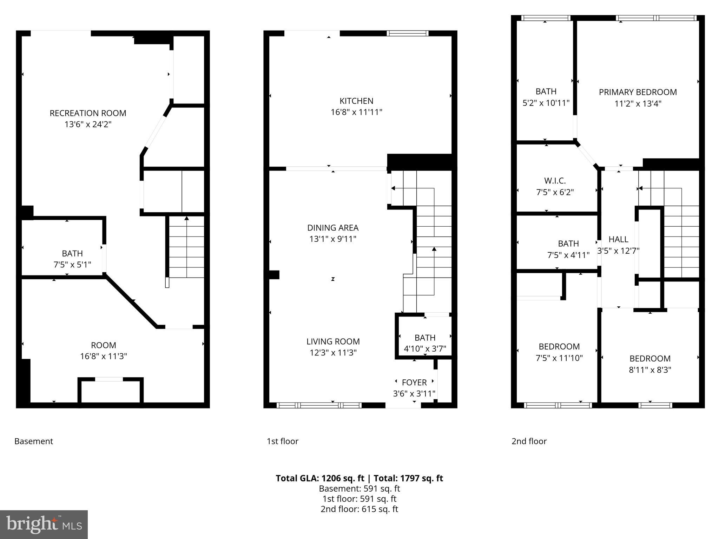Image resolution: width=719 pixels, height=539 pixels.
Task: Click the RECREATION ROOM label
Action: coord(88,113)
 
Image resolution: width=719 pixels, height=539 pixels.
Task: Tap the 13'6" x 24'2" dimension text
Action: coord(88,125)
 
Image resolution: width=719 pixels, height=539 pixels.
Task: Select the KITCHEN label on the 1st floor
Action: coord(356,101)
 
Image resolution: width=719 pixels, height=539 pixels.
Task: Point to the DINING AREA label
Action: coord(332,228)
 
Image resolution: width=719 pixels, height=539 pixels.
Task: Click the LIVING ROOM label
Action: coord(333,341)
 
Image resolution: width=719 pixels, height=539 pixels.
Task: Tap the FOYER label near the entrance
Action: coord(414,382)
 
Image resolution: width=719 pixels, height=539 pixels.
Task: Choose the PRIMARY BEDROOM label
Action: coord(638,92)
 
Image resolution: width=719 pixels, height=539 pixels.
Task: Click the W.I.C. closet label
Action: coord(555,181)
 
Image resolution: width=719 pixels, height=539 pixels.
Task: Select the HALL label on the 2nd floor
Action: coord(618,239)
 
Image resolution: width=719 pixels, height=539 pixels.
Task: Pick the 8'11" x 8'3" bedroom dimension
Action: coord(650,370)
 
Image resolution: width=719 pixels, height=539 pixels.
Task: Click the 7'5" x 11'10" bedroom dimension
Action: coord(559,358)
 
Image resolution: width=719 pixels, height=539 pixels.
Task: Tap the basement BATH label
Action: coord(72,253)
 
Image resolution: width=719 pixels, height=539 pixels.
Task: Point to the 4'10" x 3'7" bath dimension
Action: coord(425,349)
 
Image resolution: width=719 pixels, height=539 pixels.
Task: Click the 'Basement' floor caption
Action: coord(34,441)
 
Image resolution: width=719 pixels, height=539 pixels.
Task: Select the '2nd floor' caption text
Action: coord(529,441)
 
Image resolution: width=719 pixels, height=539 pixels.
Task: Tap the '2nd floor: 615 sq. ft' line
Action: coord(359,509)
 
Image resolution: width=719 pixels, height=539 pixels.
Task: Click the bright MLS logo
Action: coord(44,525)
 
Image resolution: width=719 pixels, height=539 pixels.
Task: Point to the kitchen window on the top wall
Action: coord(408,33)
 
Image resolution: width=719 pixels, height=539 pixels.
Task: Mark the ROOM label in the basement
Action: coord(103,345)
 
